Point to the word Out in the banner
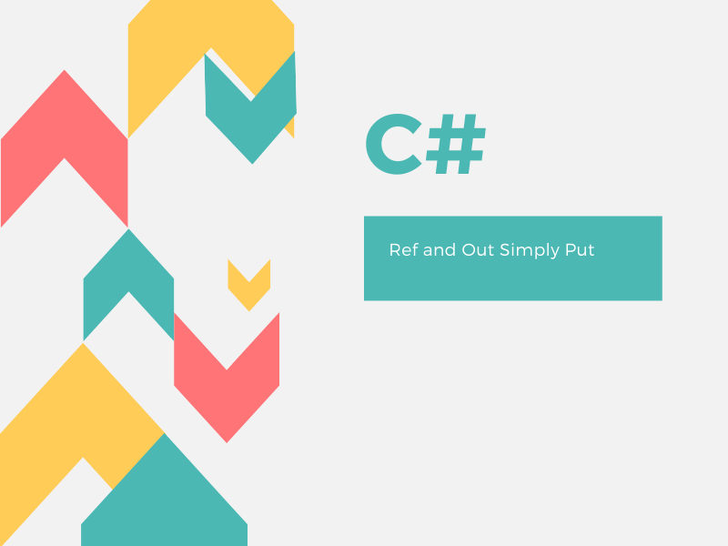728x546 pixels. [478, 249]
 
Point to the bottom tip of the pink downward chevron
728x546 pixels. [227, 441]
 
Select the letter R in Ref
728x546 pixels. [394, 249]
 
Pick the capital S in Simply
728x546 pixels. [504, 249]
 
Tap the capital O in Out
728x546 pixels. [469, 249]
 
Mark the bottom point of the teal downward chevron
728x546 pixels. [252, 163]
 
